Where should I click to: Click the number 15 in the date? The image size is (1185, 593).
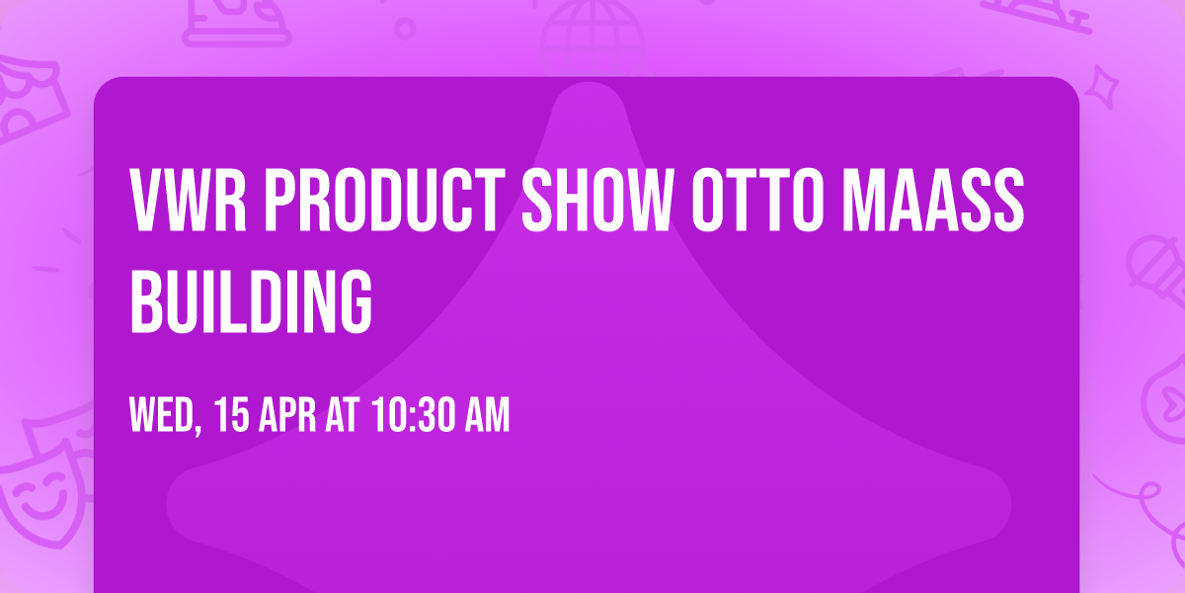(x=231, y=416)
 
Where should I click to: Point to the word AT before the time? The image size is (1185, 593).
(x=342, y=416)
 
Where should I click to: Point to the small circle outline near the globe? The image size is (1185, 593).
(x=405, y=27)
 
